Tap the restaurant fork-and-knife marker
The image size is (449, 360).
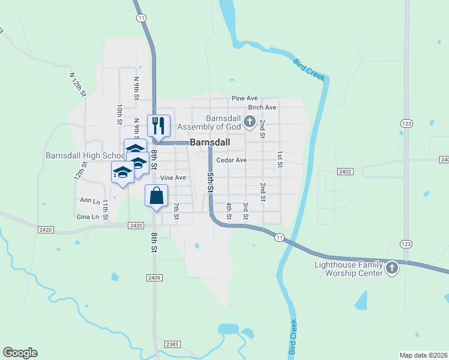click(x=158, y=125)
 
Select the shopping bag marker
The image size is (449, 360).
click(x=157, y=196)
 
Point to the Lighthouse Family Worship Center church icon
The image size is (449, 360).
click(x=391, y=268)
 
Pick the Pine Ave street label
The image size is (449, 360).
click(x=244, y=98)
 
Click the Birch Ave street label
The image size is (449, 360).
click(x=262, y=107)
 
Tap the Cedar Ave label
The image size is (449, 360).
click(x=232, y=160)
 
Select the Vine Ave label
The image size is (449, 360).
click(x=173, y=178)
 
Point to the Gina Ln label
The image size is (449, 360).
click(x=88, y=217)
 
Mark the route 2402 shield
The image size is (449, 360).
click(x=345, y=172)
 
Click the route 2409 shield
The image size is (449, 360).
click(x=154, y=278)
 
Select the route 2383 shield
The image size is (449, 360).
click(x=172, y=344)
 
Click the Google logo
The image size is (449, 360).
click(x=20, y=353)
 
